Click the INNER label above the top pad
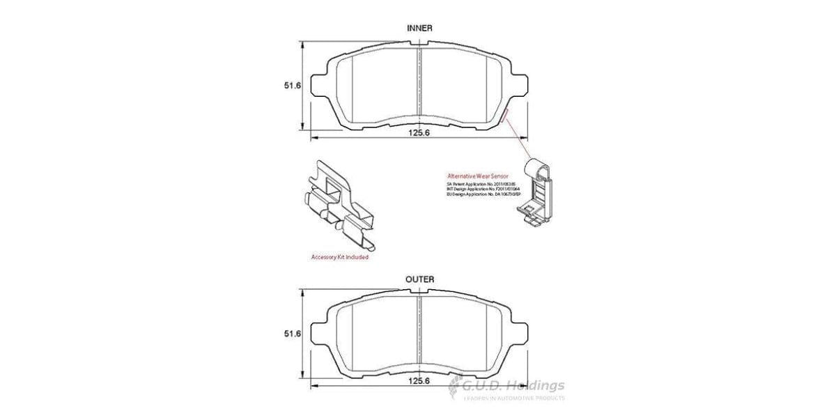[419, 28]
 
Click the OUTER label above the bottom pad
[419, 279]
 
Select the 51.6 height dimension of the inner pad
[291, 86]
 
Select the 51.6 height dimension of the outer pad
[291, 334]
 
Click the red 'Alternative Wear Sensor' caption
[478, 177]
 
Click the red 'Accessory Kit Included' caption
[339, 257]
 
